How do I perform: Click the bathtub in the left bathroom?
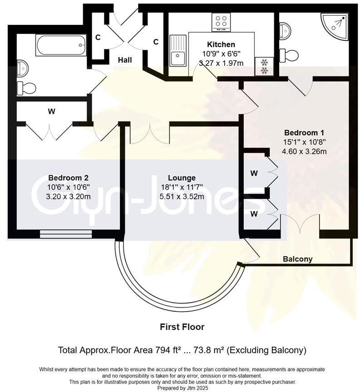click(61, 45)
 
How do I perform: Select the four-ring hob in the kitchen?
click(221, 22)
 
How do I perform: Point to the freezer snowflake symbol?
click(264, 66)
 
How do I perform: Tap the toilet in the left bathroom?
click(27, 88)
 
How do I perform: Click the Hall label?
click(125, 60)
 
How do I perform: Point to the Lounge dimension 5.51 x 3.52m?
click(182, 196)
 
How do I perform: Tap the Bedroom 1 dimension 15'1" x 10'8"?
click(304, 142)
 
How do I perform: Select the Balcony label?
click(297, 259)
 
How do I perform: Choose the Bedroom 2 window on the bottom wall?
click(65, 234)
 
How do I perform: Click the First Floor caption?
click(182, 327)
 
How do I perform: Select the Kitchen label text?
click(221, 44)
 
